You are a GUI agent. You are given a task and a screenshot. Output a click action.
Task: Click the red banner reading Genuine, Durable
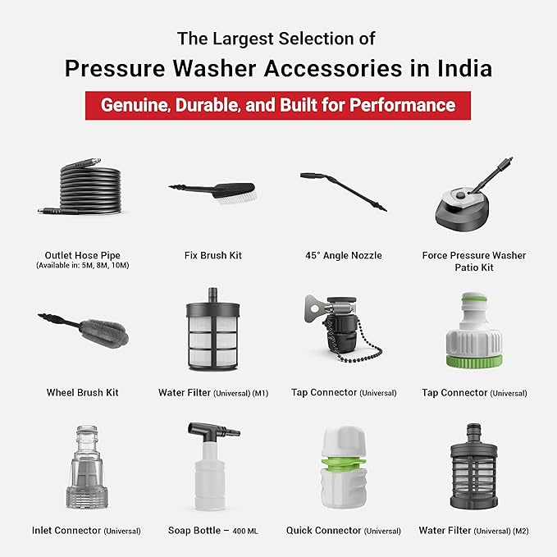[x=277, y=106]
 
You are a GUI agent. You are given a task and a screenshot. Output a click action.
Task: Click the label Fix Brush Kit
[x=212, y=256]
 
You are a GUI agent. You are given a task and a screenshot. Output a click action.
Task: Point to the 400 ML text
[x=245, y=532]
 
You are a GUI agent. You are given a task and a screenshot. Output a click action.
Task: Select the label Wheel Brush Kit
[x=82, y=393]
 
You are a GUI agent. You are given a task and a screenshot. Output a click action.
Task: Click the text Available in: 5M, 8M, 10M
[x=82, y=267]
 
